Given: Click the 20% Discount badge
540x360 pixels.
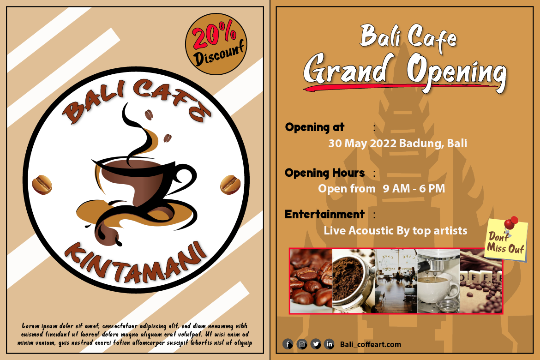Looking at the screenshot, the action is click(216, 44).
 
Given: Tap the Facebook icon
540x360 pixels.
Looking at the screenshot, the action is click(288, 344).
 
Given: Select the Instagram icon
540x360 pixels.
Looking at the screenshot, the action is click(302, 344).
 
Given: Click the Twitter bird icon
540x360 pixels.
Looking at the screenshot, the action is click(316, 344).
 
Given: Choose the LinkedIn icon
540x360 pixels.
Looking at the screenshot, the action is click(329, 344).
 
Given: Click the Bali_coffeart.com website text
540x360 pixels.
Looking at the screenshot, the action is click(371, 344).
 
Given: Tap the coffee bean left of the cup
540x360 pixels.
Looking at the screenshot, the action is click(42, 185).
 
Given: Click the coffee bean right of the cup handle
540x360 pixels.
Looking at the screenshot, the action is click(230, 185).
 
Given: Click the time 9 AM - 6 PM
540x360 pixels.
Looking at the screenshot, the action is click(414, 188).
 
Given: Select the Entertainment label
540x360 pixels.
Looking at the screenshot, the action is click(324, 214).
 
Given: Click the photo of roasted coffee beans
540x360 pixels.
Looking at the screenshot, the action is click(312, 281).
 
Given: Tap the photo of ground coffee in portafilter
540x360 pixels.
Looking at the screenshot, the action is click(354, 281).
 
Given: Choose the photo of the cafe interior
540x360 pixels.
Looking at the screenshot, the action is click(396, 281).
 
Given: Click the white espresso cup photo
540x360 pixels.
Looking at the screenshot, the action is click(439, 281).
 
